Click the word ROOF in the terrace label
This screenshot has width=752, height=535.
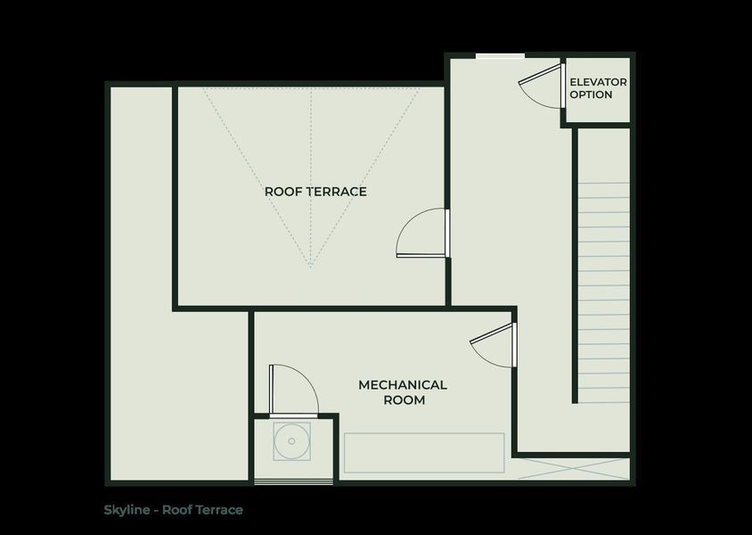click(x=281, y=192)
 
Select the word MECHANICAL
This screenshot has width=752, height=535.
click(x=403, y=385)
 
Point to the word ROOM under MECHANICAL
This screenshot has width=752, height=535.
click(x=403, y=400)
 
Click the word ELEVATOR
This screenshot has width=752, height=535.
click(x=598, y=82)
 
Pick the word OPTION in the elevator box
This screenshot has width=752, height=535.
click(x=592, y=95)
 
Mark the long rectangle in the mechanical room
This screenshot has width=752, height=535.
click(x=424, y=453)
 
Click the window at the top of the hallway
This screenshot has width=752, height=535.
click(x=500, y=56)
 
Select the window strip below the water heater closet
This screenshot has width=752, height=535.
click(x=294, y=482)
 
